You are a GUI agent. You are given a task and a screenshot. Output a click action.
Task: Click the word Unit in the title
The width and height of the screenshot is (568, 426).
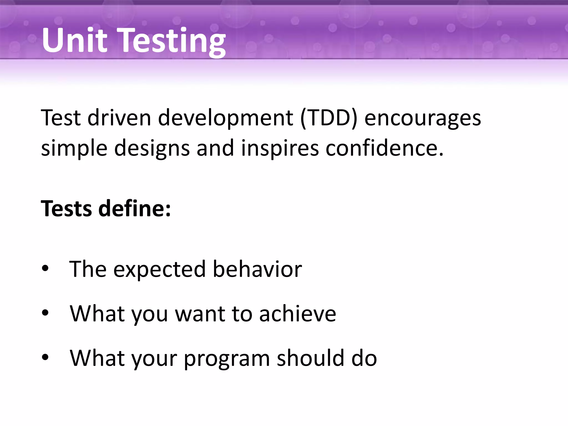point(74,40)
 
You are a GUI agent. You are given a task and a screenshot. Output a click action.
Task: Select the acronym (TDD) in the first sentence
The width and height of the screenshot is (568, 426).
point(329,118)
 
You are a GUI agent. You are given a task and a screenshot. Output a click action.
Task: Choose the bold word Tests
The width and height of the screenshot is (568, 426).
point(66,209)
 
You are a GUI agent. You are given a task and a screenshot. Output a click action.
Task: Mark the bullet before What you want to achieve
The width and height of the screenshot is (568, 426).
point(45,313)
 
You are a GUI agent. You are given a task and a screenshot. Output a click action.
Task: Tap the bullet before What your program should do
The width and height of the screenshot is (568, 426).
point(45,357)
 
